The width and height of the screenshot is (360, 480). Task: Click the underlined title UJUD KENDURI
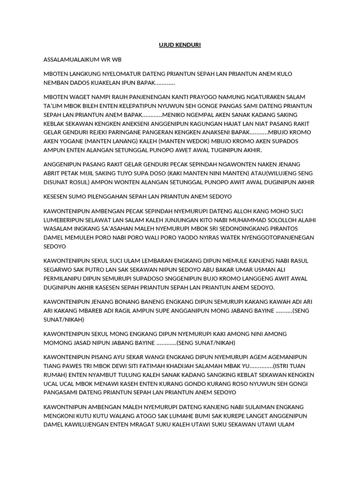pyautogui.click(x=180, y=45)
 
